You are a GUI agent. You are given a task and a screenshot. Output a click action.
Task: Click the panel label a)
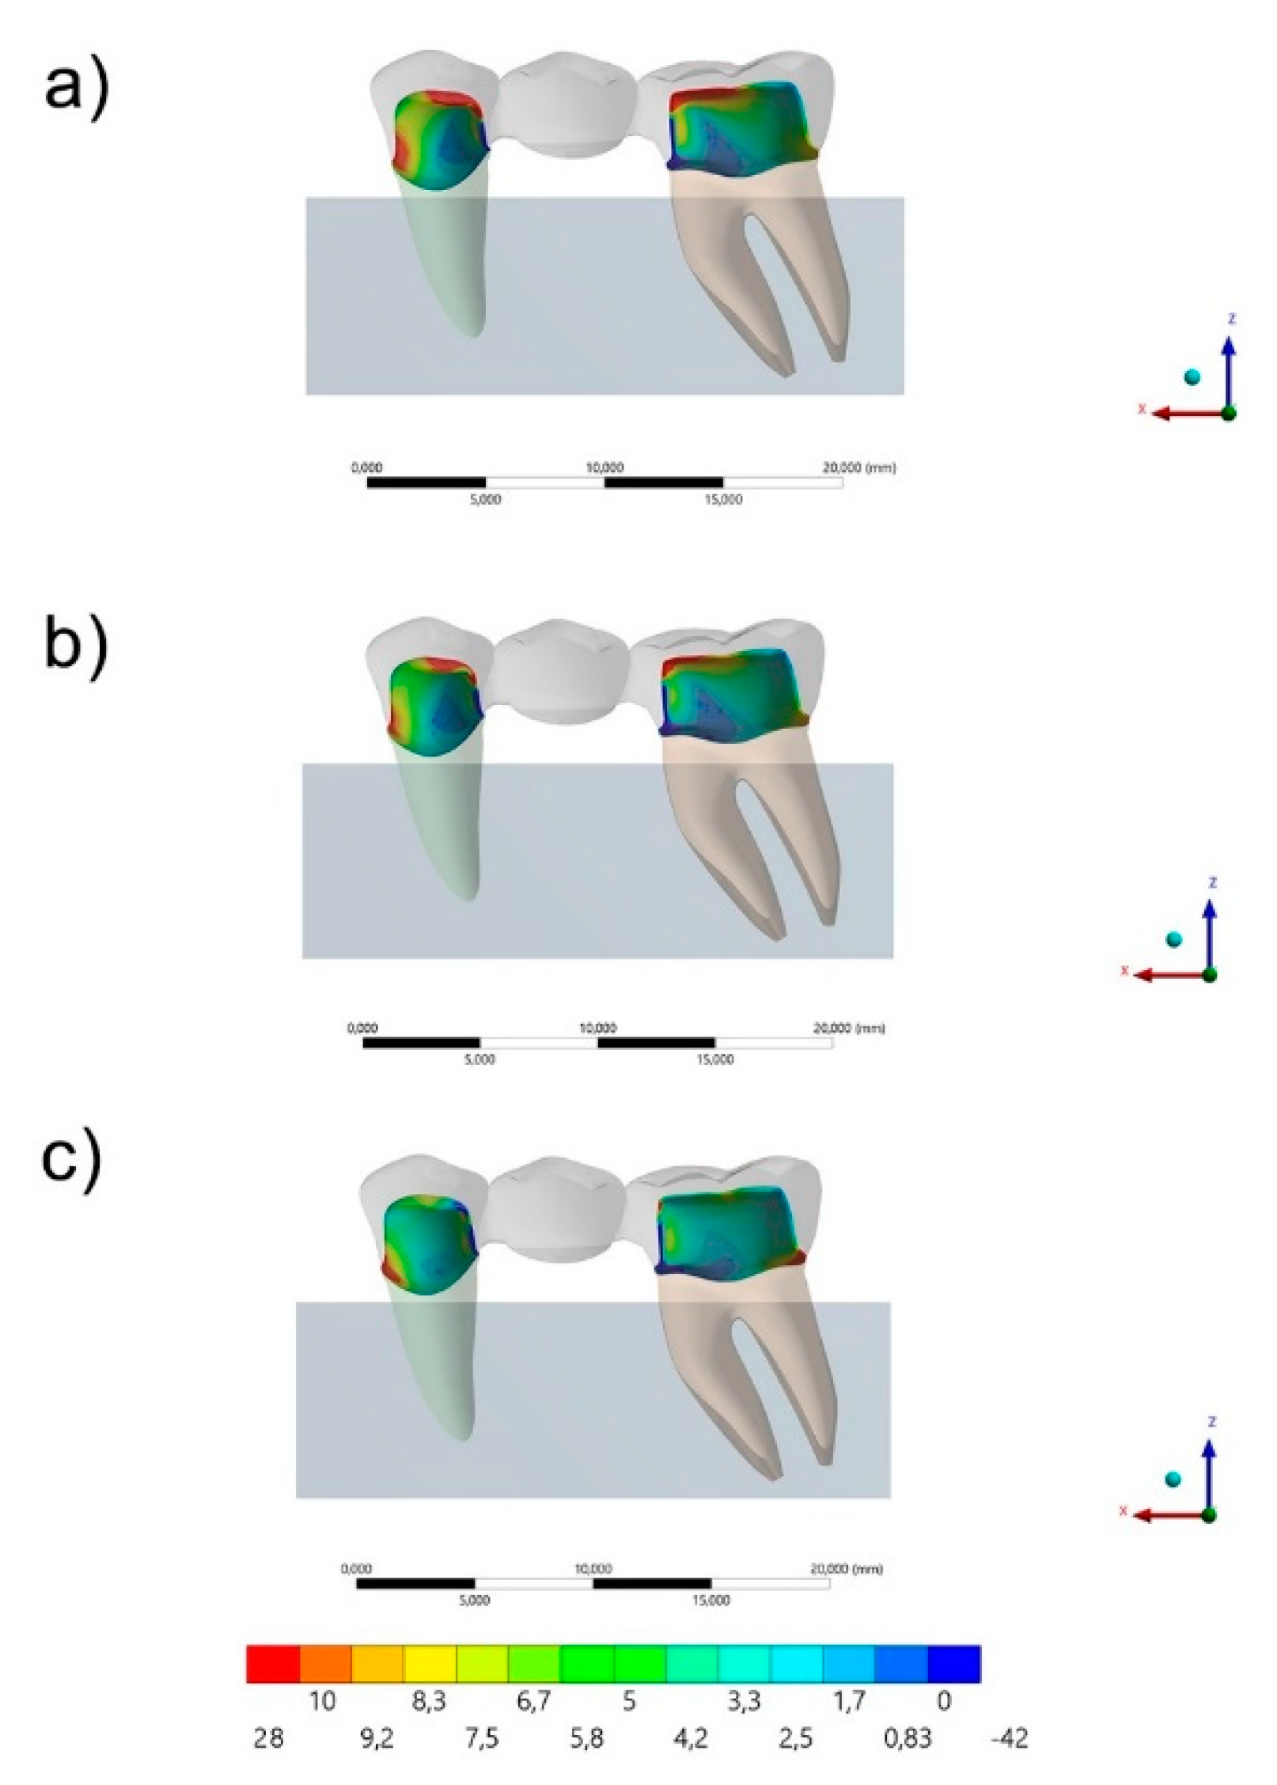76,88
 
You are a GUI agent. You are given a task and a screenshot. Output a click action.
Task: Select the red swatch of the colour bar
273,1663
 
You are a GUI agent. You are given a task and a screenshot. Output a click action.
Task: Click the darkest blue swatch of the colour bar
953,1663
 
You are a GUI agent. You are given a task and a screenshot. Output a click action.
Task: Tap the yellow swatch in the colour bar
430,1663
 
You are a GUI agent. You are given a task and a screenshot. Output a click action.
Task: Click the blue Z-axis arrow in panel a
1228,372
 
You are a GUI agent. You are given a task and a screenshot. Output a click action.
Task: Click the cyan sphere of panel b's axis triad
1173,939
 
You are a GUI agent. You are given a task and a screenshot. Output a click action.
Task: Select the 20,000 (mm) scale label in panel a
859,468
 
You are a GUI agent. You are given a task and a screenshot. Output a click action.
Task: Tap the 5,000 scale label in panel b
479,1059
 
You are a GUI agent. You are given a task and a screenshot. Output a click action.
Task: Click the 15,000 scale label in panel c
710,1600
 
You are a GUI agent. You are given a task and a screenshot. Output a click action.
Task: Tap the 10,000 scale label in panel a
604,468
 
